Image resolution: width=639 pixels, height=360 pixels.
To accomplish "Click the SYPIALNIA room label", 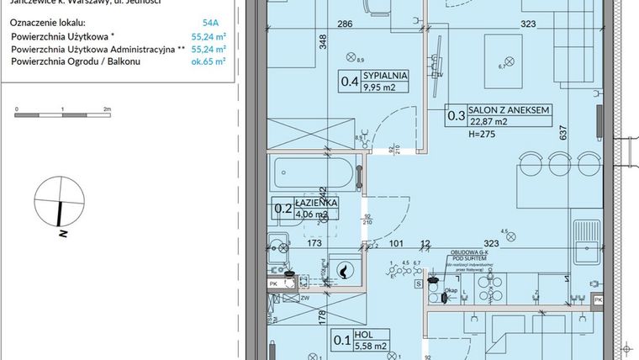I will point(386,75).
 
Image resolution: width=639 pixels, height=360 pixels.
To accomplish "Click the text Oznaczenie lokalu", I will point(44,24).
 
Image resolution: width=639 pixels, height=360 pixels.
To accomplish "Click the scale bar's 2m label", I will point(107,109).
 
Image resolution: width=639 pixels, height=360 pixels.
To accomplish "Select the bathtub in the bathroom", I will point(313,176).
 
